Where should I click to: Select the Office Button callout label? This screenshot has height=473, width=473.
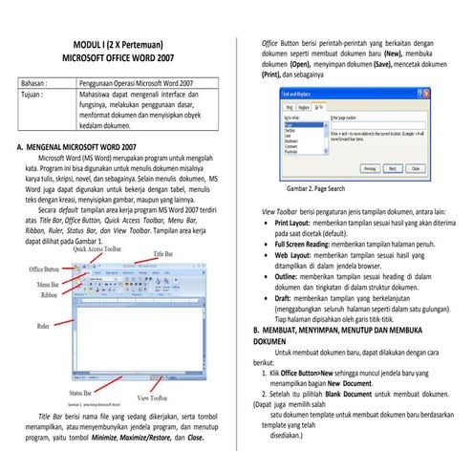[46, 270]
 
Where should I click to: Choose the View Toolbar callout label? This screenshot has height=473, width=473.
[157, 397]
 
